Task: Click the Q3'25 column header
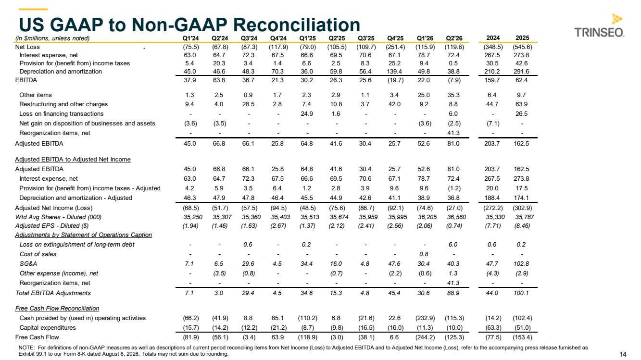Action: tap(366, 38)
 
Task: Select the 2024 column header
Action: tap(493, 38)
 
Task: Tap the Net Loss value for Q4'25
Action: tap(395, 47)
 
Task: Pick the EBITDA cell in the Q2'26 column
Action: tap(454, 80)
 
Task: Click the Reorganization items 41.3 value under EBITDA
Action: tap(453, 133)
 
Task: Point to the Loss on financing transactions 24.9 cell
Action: tap(307, 114)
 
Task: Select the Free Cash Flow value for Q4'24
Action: tap(277, 337)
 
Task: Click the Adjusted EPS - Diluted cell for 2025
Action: tap(522, 225)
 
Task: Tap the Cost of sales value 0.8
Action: tap(424, 254)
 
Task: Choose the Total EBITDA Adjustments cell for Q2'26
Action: tap(453, 293)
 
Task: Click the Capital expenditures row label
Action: tap(48, 327)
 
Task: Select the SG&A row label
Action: tap(28, 264)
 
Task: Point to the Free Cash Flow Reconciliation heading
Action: tap(57, 308)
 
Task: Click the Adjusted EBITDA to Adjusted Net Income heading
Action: tap(73, 159)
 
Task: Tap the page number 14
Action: tap(623, 354)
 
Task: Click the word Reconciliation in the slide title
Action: tap(297, 25)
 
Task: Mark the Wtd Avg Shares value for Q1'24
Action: tap(192, 217)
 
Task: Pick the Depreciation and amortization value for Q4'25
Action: tap(395, 72)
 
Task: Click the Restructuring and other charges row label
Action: tap(63, 104)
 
